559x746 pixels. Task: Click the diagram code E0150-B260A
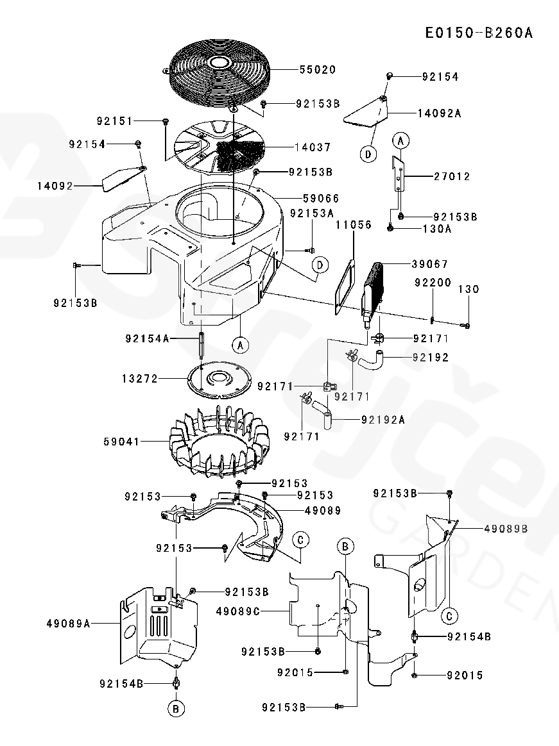coord(479,33)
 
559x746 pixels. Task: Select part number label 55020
coord(318,69)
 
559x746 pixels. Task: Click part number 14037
coord(313,147)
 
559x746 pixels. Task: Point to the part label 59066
coord(321,198)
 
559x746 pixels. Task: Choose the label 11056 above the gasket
coord(353,224)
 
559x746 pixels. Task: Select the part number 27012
coord(452,176)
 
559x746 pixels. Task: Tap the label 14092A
coord(440,113)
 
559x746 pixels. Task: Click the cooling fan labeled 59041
coord(219,441)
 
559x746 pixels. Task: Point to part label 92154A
coord(147,338)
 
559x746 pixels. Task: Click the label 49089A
coord(69,623)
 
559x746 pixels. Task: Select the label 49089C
coord(238,611)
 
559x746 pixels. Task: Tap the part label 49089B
coord(506,529)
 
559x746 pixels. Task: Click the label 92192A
coord(383,420)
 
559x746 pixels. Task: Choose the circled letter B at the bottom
coord(176,709)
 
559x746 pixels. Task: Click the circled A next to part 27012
coord(400,141)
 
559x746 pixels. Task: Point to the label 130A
coord(437,229)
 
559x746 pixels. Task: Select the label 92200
coord(433,283)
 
